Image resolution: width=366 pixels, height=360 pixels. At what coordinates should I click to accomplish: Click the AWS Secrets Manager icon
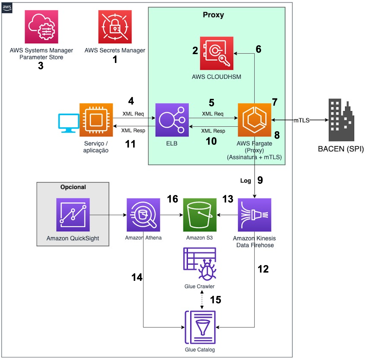115,27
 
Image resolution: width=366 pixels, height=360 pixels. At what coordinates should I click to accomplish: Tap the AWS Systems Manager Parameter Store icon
41,27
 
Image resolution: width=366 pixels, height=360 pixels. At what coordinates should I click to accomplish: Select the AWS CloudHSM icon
217,53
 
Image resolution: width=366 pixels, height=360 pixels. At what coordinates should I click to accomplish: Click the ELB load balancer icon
172,120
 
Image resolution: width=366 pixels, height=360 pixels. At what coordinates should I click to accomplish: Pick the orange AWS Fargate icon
255,120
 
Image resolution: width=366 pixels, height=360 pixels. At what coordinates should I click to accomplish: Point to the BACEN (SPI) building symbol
341,120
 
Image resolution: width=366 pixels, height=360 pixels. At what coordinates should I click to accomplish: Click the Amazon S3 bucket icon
200,215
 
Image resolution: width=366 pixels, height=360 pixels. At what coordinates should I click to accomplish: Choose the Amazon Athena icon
143,215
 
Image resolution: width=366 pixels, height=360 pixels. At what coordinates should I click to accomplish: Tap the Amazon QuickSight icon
73,215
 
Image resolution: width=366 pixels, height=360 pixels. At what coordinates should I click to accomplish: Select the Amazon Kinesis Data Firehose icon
255,215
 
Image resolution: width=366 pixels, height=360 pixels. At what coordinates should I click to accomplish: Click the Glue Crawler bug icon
200,264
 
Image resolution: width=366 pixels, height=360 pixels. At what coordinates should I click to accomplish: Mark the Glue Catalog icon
200,327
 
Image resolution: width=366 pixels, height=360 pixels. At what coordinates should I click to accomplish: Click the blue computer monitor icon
69,123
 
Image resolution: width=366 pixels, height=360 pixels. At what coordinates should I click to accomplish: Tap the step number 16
172,199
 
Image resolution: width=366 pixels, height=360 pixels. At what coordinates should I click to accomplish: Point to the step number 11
130,144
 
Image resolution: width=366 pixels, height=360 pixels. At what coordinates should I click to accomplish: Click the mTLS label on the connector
301,120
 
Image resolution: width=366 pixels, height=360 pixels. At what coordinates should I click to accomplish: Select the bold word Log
246,181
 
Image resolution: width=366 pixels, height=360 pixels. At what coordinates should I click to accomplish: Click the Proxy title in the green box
213,15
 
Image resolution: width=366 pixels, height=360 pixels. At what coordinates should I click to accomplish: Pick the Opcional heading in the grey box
73,187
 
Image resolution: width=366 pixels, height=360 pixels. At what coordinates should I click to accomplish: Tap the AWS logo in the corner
7,8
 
